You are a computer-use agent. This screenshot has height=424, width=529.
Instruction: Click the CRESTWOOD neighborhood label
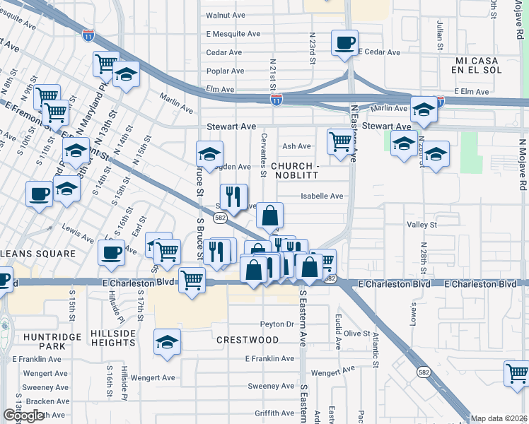(x=248, y=340)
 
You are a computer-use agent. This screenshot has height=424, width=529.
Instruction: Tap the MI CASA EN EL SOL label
(x=489, y=66)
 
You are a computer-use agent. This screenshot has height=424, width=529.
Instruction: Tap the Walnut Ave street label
(x=225, y=15)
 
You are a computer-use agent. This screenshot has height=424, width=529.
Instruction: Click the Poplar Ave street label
(x=225, y=71)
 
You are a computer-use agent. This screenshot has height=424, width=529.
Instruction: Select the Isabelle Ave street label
(x=322, y=196)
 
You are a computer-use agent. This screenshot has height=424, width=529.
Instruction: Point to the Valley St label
(x=423, y=225)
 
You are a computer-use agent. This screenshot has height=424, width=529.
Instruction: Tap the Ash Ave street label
(x=296, y=146)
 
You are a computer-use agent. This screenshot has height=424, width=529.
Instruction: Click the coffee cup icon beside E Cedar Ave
(x=344, y=42)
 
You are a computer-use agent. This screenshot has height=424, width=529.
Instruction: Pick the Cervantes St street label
(x=264, y=154)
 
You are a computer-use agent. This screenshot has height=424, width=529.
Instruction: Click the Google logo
(x=23, y=416)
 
